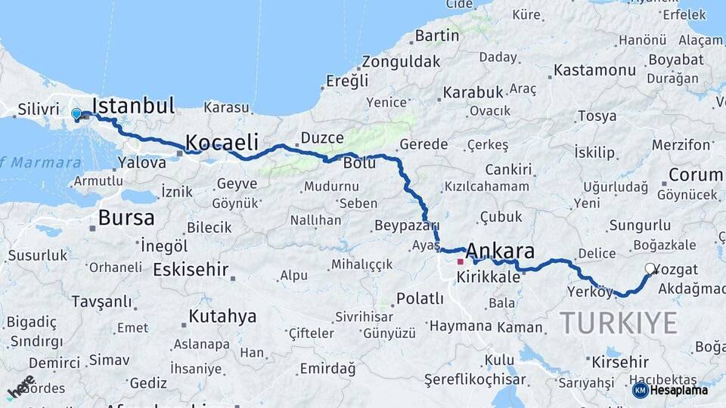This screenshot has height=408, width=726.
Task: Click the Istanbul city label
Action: (x=133, y=105)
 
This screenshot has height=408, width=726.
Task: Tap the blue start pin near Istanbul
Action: (x=76, y=114)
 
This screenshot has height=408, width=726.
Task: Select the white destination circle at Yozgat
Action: (x=650, y=268)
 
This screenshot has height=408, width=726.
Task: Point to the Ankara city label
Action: (x=500, y=251)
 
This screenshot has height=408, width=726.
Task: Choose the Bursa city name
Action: (x=126, y=218)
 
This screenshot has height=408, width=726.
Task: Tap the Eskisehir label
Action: (x=191, y=269)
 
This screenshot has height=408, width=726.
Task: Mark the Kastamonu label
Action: (x=594, y=70)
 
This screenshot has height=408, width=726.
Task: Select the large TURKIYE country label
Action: (x=619, y=323)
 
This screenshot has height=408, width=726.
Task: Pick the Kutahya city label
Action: (x=222, y=316)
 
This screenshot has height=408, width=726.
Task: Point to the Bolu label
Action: (x=359, y=162)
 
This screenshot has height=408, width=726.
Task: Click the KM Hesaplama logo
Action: (x=670, y=390)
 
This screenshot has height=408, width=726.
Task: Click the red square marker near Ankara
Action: (x=460, y=261)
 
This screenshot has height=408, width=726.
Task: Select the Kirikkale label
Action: (x=489, y=277)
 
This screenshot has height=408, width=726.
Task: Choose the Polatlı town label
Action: (x=420, y=298)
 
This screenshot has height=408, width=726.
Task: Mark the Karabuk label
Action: (x=473, y=92)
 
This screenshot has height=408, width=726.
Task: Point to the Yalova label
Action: (x=142, y=162)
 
